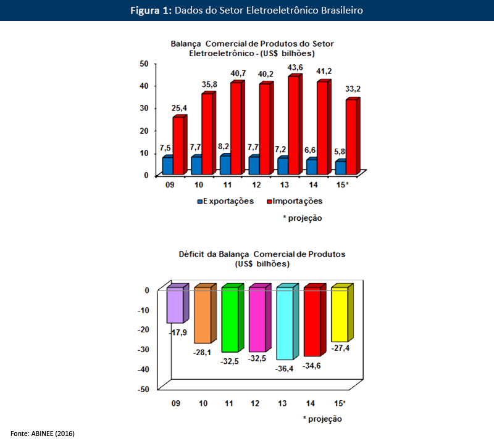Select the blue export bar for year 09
(x=166, y=166)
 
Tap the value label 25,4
(x=180, y=109)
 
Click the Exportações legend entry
(x=225, y=201)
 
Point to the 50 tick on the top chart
(x=144, y=64)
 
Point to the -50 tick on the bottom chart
(x=142, y=388)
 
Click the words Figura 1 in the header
(x=151, y=10)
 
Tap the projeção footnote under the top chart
(x=302, y=218)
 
